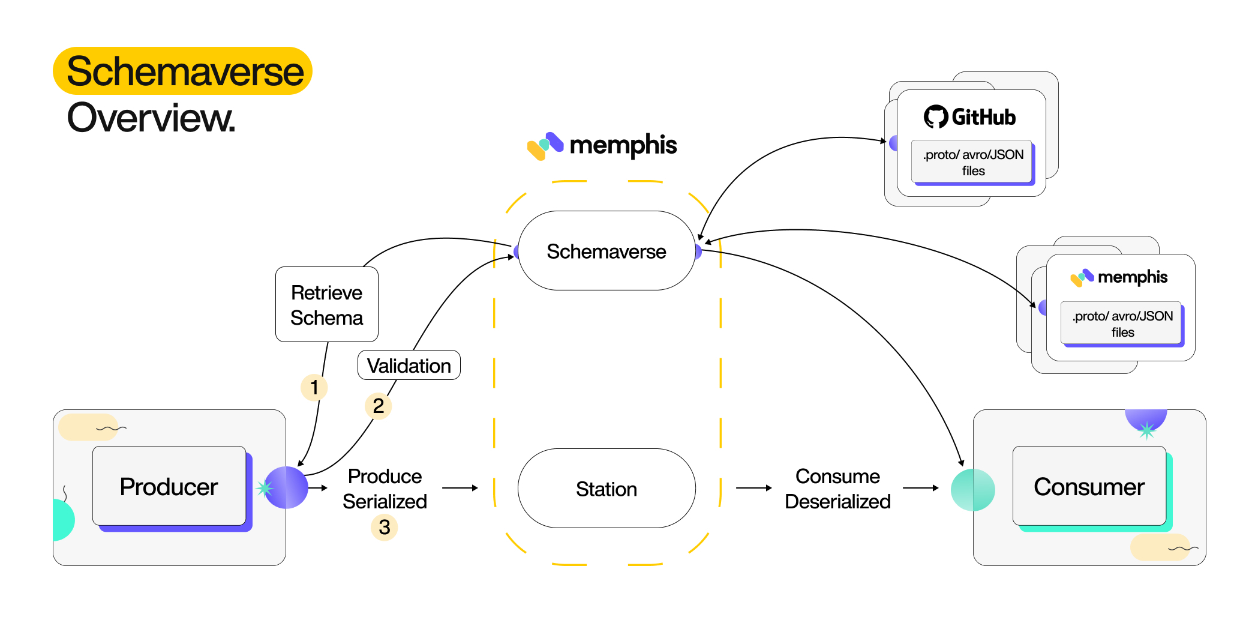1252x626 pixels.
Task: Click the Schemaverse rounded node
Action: [x=606, y=251]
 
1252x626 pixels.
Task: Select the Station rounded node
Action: [x=606, y=489]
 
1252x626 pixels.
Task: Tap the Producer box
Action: [x=169, y=486]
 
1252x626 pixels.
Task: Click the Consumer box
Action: [x=1089, y=486]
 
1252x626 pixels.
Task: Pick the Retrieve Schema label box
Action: [x=326, y=304]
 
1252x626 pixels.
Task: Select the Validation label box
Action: [x=409, y=365]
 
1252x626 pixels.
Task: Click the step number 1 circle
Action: [x=314, y=387]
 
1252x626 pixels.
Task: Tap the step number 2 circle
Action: [x=378, y=406]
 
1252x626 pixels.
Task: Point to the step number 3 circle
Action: [x=384, y=527]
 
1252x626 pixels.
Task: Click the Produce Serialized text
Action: [x=385, y=489]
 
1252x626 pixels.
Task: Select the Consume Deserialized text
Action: [x=837, y=489]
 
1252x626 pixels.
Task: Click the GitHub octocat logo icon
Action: [x=935, y=116]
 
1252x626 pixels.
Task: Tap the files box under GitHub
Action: [x=972, y=162]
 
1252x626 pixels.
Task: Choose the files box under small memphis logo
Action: [x=1122, y=324]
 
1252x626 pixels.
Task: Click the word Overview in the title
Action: [x=151, y=118]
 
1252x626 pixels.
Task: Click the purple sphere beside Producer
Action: [x=286, y=487]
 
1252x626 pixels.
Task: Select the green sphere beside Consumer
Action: [x=972, y=490]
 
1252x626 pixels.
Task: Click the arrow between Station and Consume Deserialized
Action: [x=753, y=489]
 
